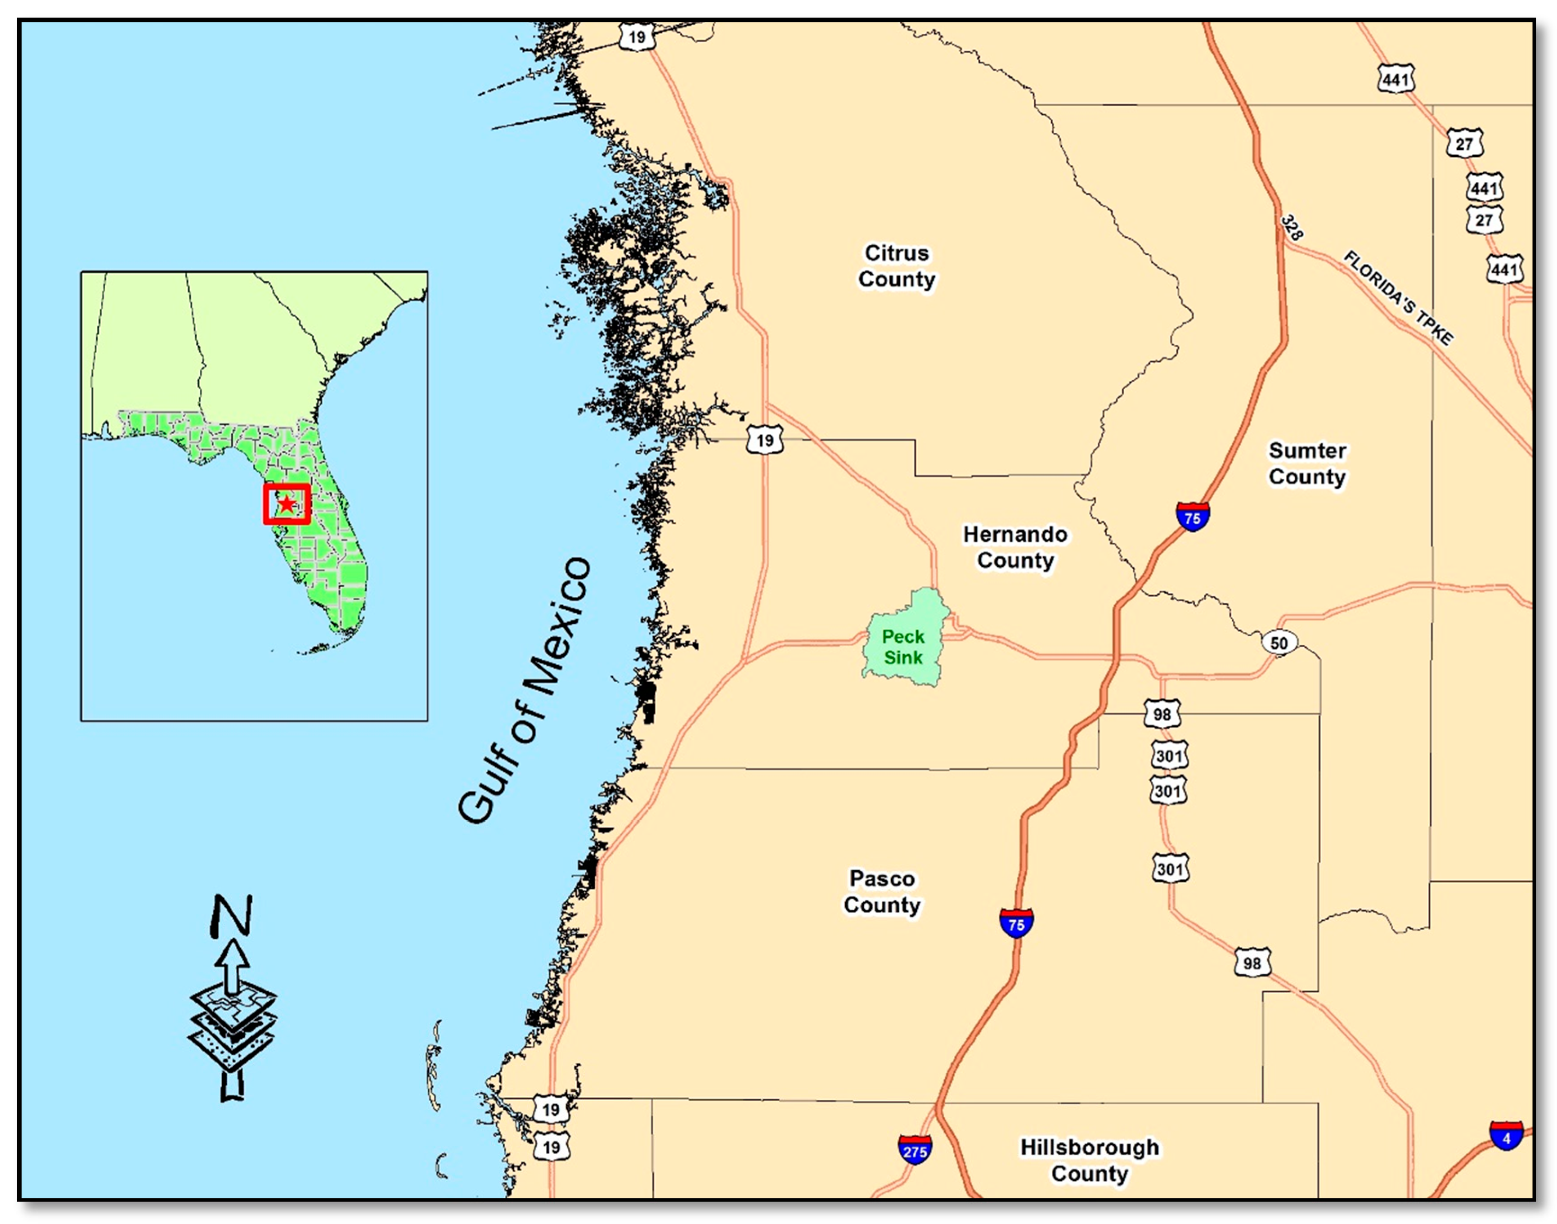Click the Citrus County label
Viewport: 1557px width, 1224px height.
coord(897,266)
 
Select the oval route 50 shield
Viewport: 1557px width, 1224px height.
coord(1279,643)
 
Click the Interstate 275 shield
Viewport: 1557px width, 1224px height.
coord(915,1150)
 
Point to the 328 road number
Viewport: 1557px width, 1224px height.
coord(1292,228)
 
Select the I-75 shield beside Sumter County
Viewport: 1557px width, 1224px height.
coord(1192,517)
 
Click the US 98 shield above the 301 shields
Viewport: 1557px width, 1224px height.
coord(1162,714)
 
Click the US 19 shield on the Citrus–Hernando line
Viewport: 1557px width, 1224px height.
coord(764,440)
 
